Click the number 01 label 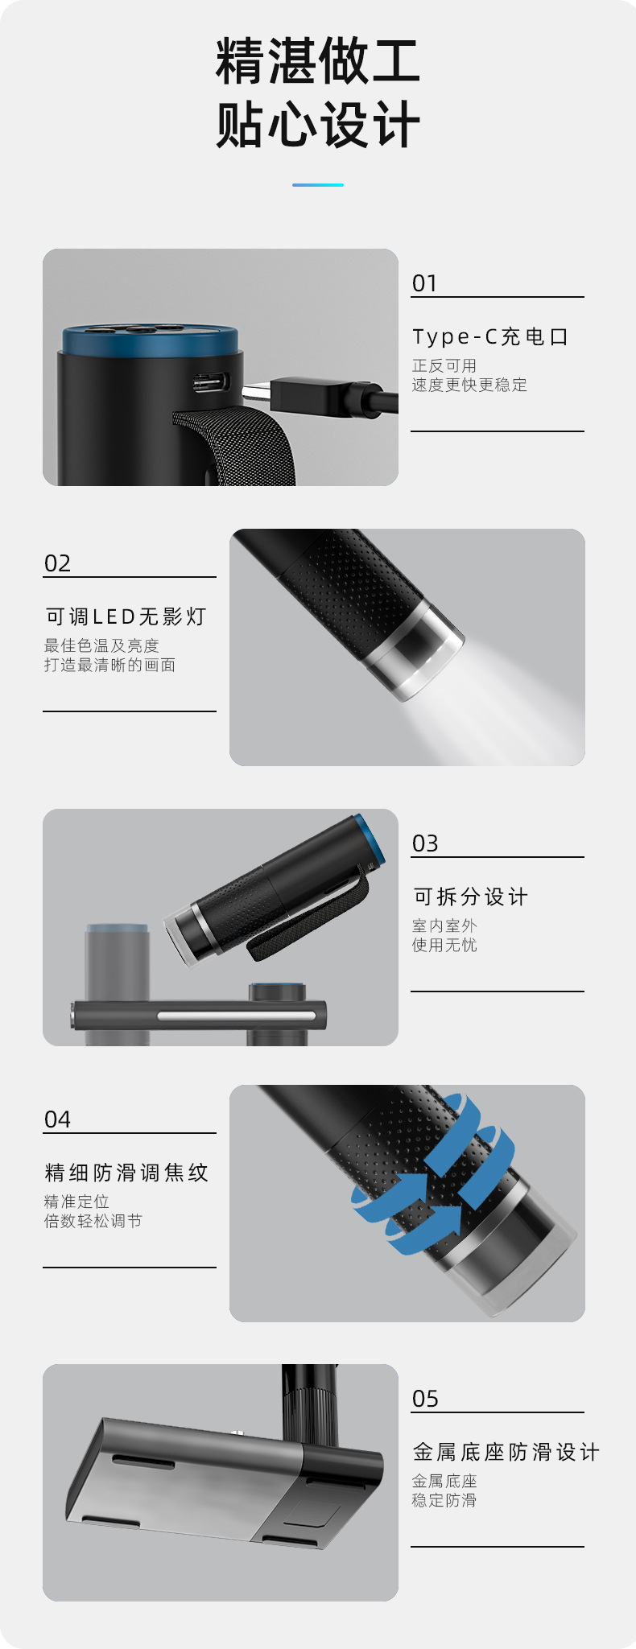click(x=424, y=283)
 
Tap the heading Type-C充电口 click(x=490, y=336)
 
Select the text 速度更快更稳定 click(x=469, y=385)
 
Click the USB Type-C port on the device click(x=212, y=382)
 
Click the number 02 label click(x=57, y=563)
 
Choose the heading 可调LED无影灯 click(x=126, y=616)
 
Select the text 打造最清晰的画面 click(x=109, y=665)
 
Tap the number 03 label click(x=425, y=843)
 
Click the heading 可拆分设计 click(x=471, y=897)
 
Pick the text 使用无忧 click(x=444, y=945)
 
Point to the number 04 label click(x=57, y=1119)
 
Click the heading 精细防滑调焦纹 click(x=126, y=1173)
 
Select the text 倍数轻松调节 click(x=93, y=1221)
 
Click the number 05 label click(x=425, y=1399)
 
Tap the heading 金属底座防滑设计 click(x=506, y=1452)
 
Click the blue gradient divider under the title click(x=318, y=185)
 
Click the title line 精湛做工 click(x=318, y=61)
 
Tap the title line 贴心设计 click(x=318, y=125)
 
